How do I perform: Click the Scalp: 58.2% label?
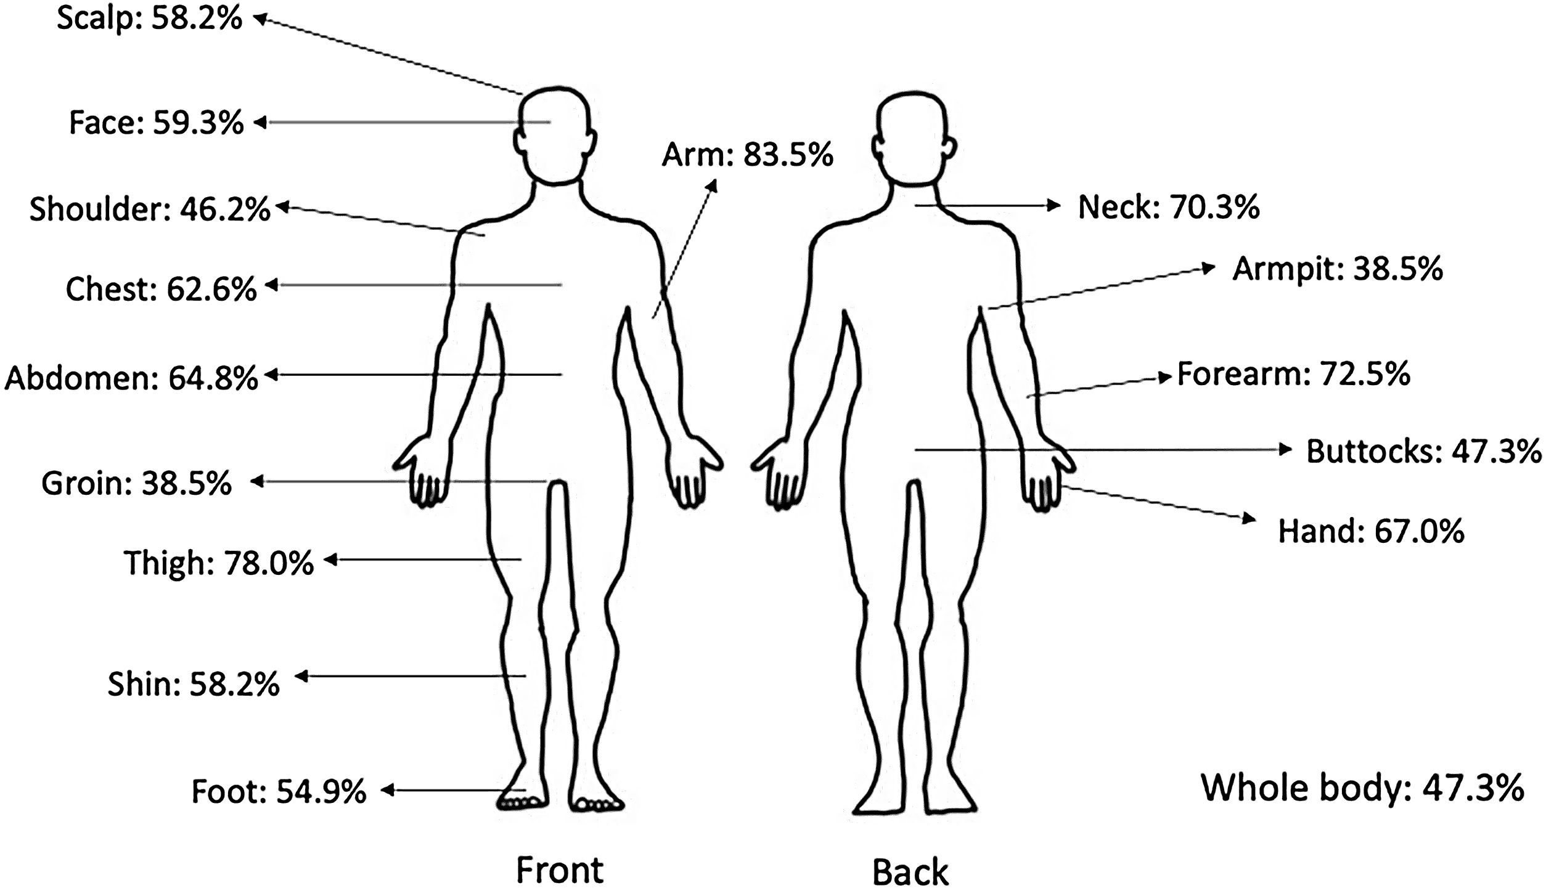pyautogui.click(x=149, y=19)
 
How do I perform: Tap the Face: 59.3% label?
pyautogui.click(x=156, y=123)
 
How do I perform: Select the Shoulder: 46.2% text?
pyautogui.click(x=150, y=210)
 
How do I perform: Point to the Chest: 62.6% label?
pyautogui.click(x=161, y=288)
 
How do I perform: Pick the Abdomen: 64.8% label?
pyautogui.click(x=131, y=378)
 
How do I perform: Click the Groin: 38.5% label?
pyautogui.click(x=136, y=484)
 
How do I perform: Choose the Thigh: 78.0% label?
pyautogui.click(x=219, y=563)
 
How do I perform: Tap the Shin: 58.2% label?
pyautogui.click(x=194, y=685)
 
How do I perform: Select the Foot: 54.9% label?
pyautogui.click(x=279, y=791)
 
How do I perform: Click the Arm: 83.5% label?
pyautogui.click(x=747, y=155)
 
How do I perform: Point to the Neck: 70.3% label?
pyautogui.click(x=1168, y=207)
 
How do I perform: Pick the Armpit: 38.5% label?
pyautogui.click(x=1337, y=269)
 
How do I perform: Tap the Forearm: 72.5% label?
pyautogui.click(x=1293, y=374)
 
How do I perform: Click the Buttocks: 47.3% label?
pyautogui.click(x=1423, y=452)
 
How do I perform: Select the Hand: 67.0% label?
pyautogui.click(x=1370, y=531)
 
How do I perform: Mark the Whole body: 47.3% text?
pyautogui.click(x=1362, y=788)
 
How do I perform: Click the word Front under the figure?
pyautogui.click(x=559, y=869)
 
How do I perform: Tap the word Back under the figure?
pyautogui.click(x=910, y=871)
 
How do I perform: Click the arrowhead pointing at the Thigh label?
pyautogui.click(x=330, y=559)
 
